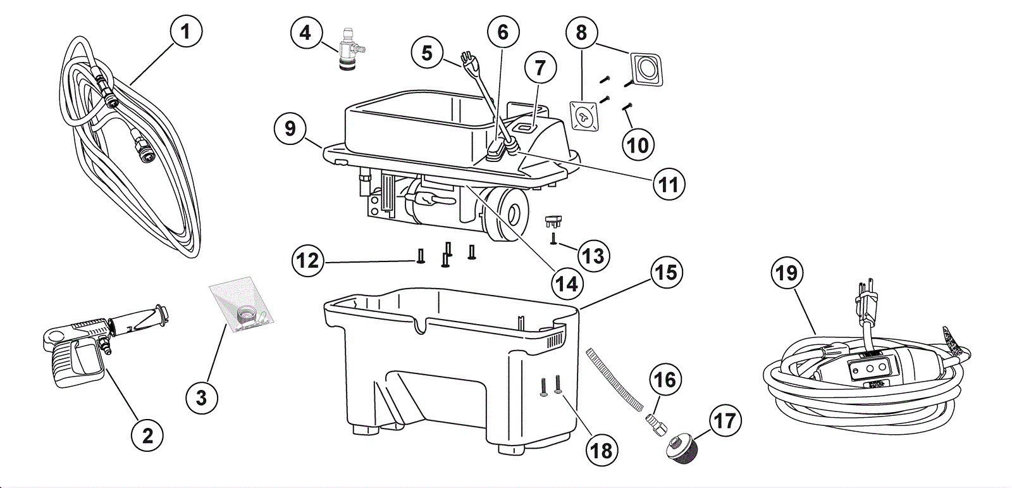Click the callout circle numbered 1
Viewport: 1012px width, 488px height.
[x=185, y=31]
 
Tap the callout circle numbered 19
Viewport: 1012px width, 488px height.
[x=787, y=273]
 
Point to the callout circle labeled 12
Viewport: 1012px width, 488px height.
[x=309, y=260]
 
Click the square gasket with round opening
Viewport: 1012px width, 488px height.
[x=646, y=69]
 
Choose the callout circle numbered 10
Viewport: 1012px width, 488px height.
[x=638, y=145]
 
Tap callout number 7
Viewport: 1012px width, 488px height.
[x=540, y=68]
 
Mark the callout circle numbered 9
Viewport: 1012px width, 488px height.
[x=290, y=128]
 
